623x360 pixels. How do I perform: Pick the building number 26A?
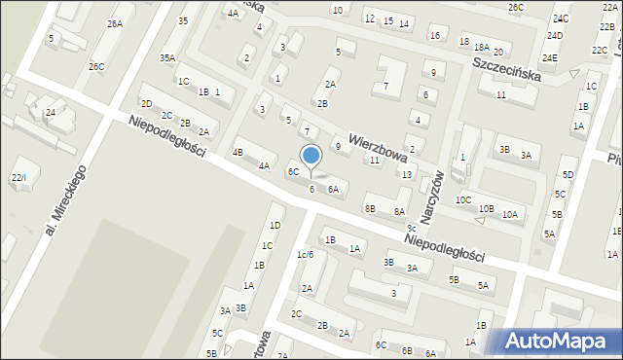coord(115,23)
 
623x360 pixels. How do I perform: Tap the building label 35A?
coord(167,58)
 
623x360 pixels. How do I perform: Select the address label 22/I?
coord(18,178)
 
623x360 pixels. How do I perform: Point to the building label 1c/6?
coord(305,255)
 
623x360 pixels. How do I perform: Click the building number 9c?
coord(412,228)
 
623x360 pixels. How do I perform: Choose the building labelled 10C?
coord(463,200)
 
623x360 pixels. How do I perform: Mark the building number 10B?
coord(486,209)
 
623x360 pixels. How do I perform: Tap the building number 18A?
coord(481,47)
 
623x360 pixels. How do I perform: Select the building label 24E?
coord(550,58)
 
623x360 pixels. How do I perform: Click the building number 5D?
coord(568,175)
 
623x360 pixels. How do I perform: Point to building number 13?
coord(407,175)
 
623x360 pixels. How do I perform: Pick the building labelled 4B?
coord(238,153)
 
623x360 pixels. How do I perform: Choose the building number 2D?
coord(146,103)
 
